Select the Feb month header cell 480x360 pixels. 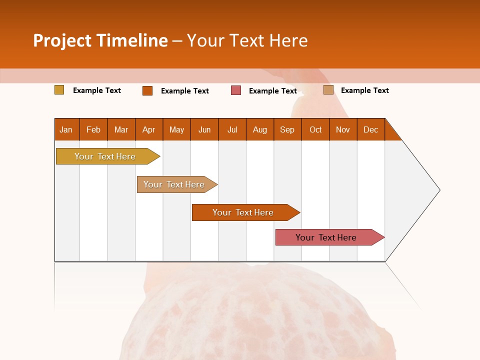point(93,129)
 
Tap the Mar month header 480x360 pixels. point(121,129)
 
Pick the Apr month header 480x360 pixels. point(149,129)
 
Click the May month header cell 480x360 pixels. point(176,129)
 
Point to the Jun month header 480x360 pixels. point(204,129)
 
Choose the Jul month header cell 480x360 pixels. point(232,129)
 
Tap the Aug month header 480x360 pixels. point(260,129)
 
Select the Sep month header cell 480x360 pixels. point(287,129)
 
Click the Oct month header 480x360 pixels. point(315,129)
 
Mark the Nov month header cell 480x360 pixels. point(343,129)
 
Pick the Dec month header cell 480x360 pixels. point(371,129)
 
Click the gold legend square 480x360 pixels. point(59,90)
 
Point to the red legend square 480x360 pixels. point(236,90)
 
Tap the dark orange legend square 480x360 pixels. point(147,90)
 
